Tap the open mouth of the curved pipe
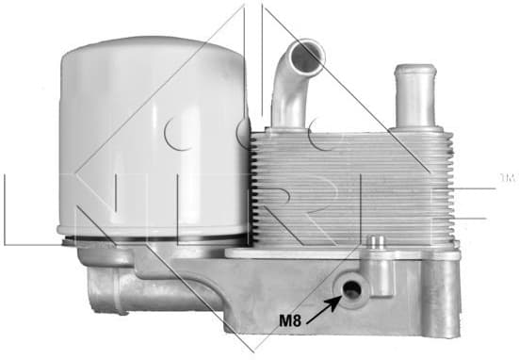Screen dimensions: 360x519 307,56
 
